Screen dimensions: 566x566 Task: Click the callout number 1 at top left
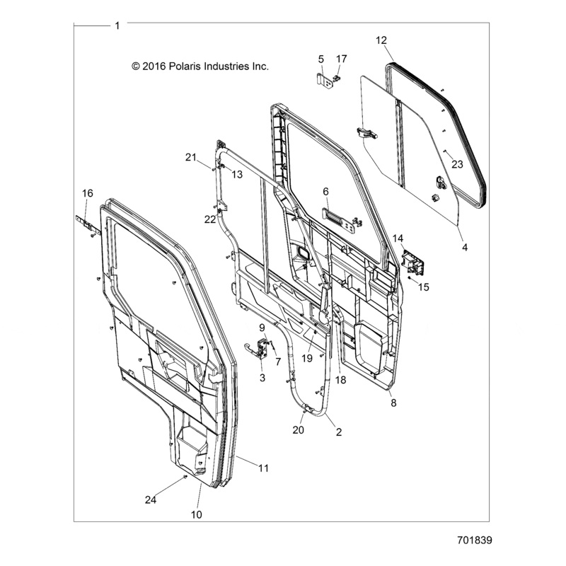117,25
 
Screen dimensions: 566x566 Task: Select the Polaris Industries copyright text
200,67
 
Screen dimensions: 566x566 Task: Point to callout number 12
381,40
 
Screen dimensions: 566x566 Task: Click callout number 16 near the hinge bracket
88,193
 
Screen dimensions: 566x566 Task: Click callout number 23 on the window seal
457,164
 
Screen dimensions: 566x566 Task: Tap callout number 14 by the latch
417,238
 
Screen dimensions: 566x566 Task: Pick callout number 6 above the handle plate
326,192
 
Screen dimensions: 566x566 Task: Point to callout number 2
338,432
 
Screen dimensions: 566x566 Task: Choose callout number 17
342,58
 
